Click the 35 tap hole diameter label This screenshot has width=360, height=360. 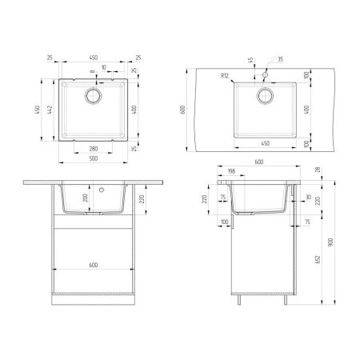280,59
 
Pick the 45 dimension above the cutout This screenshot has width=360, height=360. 250,62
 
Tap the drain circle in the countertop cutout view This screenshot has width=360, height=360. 264,97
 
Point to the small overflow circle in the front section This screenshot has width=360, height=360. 102,191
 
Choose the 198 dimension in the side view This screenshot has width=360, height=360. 230,171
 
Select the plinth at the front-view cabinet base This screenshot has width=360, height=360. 94,301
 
